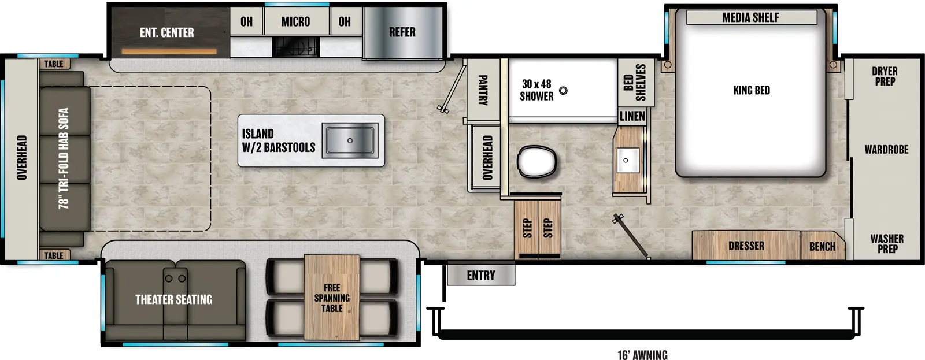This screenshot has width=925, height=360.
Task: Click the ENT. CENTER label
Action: pos(166,33)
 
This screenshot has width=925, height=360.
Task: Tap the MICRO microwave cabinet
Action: pos(295,22)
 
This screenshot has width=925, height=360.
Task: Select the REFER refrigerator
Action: pos(402,32)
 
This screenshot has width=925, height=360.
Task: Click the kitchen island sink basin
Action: pos(349,140)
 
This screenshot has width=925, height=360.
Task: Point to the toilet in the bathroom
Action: pos(536,162)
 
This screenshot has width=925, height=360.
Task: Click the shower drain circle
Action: pos(563,91)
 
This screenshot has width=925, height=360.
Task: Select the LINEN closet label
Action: pos(632,116)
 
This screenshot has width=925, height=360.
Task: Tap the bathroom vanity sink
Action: pos(627,160)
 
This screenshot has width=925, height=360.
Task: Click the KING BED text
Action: pos(751,90)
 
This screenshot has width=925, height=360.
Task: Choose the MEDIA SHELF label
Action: pos(750,18)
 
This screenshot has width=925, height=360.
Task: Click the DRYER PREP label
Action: pos(885,76)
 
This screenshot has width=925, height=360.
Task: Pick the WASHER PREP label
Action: pos(887,244)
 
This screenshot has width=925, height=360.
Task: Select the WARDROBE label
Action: pos(886,150)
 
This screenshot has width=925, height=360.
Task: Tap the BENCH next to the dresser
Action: pos(822,247)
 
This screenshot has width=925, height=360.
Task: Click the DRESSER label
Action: pos(746,246)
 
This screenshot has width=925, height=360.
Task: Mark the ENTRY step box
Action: pos(480,276)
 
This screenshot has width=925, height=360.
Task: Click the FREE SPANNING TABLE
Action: pos(332,298)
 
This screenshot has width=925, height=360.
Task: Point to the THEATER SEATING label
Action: pos(173,299)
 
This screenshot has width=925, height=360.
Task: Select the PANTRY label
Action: pos(483,90)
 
